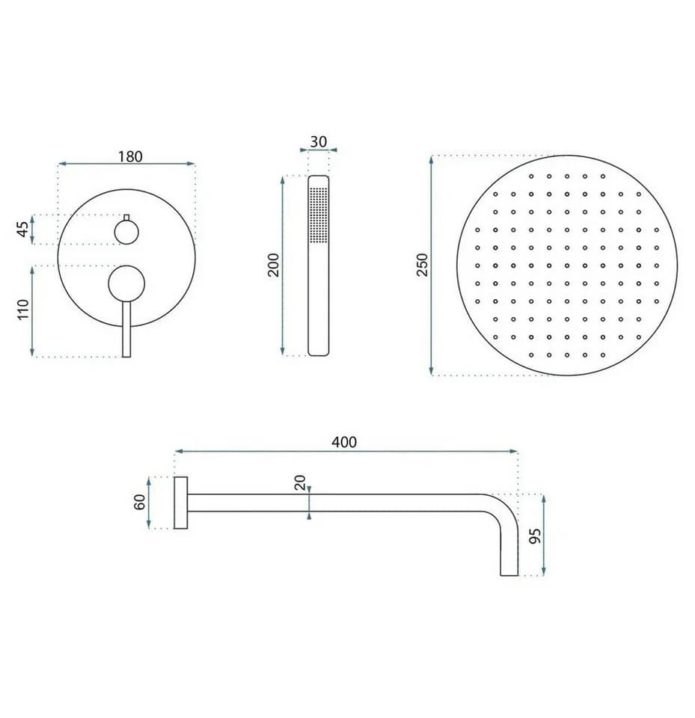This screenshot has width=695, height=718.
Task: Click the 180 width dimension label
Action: (131, 156)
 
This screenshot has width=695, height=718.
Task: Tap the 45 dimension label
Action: (23, 230)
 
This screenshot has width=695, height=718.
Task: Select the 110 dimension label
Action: (23, 310)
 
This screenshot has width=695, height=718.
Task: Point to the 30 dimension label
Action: (319, 141)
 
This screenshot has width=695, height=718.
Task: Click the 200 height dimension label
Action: (274, 265)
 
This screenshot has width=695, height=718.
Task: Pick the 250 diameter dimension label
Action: (422, 265)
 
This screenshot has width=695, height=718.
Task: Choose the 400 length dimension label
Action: (343, 442)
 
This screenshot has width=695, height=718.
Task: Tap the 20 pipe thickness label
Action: (300, 482)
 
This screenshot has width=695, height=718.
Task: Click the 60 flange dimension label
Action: (140, 503)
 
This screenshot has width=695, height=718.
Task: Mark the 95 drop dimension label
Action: (535, 536)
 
